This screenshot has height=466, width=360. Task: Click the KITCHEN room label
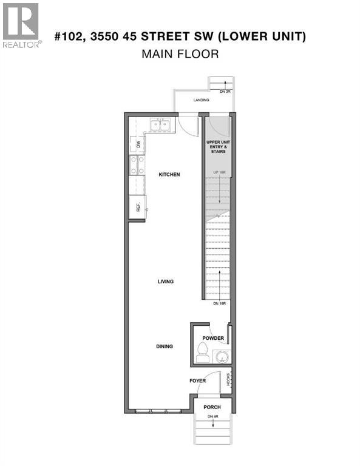[169, 175]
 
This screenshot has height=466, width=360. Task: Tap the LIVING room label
[166, 282]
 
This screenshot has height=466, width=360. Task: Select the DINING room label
[164, 346]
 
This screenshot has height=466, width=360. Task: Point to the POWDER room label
[214, 339]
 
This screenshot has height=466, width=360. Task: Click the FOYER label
[197, 381]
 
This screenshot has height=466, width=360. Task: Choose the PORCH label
[212, 407]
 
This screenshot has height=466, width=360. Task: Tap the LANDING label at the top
[202, 100]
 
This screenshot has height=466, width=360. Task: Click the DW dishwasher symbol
[138, 144]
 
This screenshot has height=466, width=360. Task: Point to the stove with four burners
[137, 166]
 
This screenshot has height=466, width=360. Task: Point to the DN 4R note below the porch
[212, 416]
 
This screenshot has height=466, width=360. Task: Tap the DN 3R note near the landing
[225, 92]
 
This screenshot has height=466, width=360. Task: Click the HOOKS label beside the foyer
[229, 379]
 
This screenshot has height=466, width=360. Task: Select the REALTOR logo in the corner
[21, 25]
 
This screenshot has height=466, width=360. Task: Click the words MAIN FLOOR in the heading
[180, 54]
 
